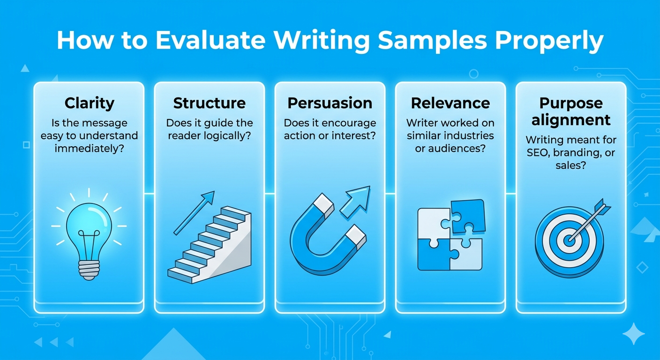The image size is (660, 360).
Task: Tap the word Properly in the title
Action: click(549, 42)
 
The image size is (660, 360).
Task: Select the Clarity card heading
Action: click(89, 104)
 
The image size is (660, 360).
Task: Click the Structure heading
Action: click(209, 103)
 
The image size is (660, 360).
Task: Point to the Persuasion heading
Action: click(330, 103)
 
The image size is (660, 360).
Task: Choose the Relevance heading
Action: click(450, 103)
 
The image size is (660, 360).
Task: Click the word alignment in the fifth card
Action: click(571, 120)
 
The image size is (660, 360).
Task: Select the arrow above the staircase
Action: click(194, 213)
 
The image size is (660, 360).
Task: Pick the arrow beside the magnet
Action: click(355, 202)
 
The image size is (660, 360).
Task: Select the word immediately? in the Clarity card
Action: click(89, 149)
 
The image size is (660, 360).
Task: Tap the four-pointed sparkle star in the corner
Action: click(633, 333)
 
